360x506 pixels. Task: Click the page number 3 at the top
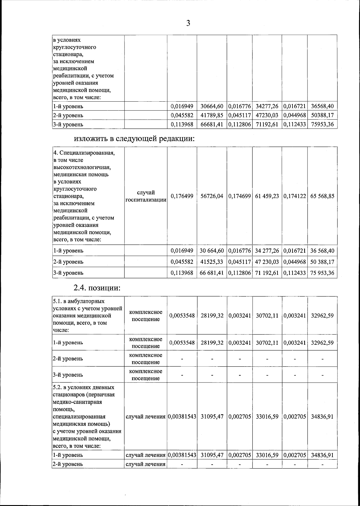(188, 23)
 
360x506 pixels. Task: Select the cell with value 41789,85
(212, 115)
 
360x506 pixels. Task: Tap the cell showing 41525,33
(212, 262)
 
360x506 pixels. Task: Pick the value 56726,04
(212, 196)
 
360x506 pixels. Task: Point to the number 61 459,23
(267, 196)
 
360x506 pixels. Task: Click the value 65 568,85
(322, 196)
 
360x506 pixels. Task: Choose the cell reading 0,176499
(182, 196)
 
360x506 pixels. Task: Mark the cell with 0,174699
(239, 196)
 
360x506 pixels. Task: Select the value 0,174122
(294, 196)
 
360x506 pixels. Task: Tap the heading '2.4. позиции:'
(97, 288)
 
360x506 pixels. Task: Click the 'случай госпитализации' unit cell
(146, 196)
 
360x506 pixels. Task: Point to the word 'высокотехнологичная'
(84, 167)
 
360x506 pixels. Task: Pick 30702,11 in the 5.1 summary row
(267, 316)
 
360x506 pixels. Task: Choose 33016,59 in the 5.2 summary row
(267, 416)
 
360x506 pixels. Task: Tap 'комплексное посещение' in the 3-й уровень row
(146, 375)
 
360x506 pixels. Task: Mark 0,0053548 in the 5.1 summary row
(182, 316)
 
